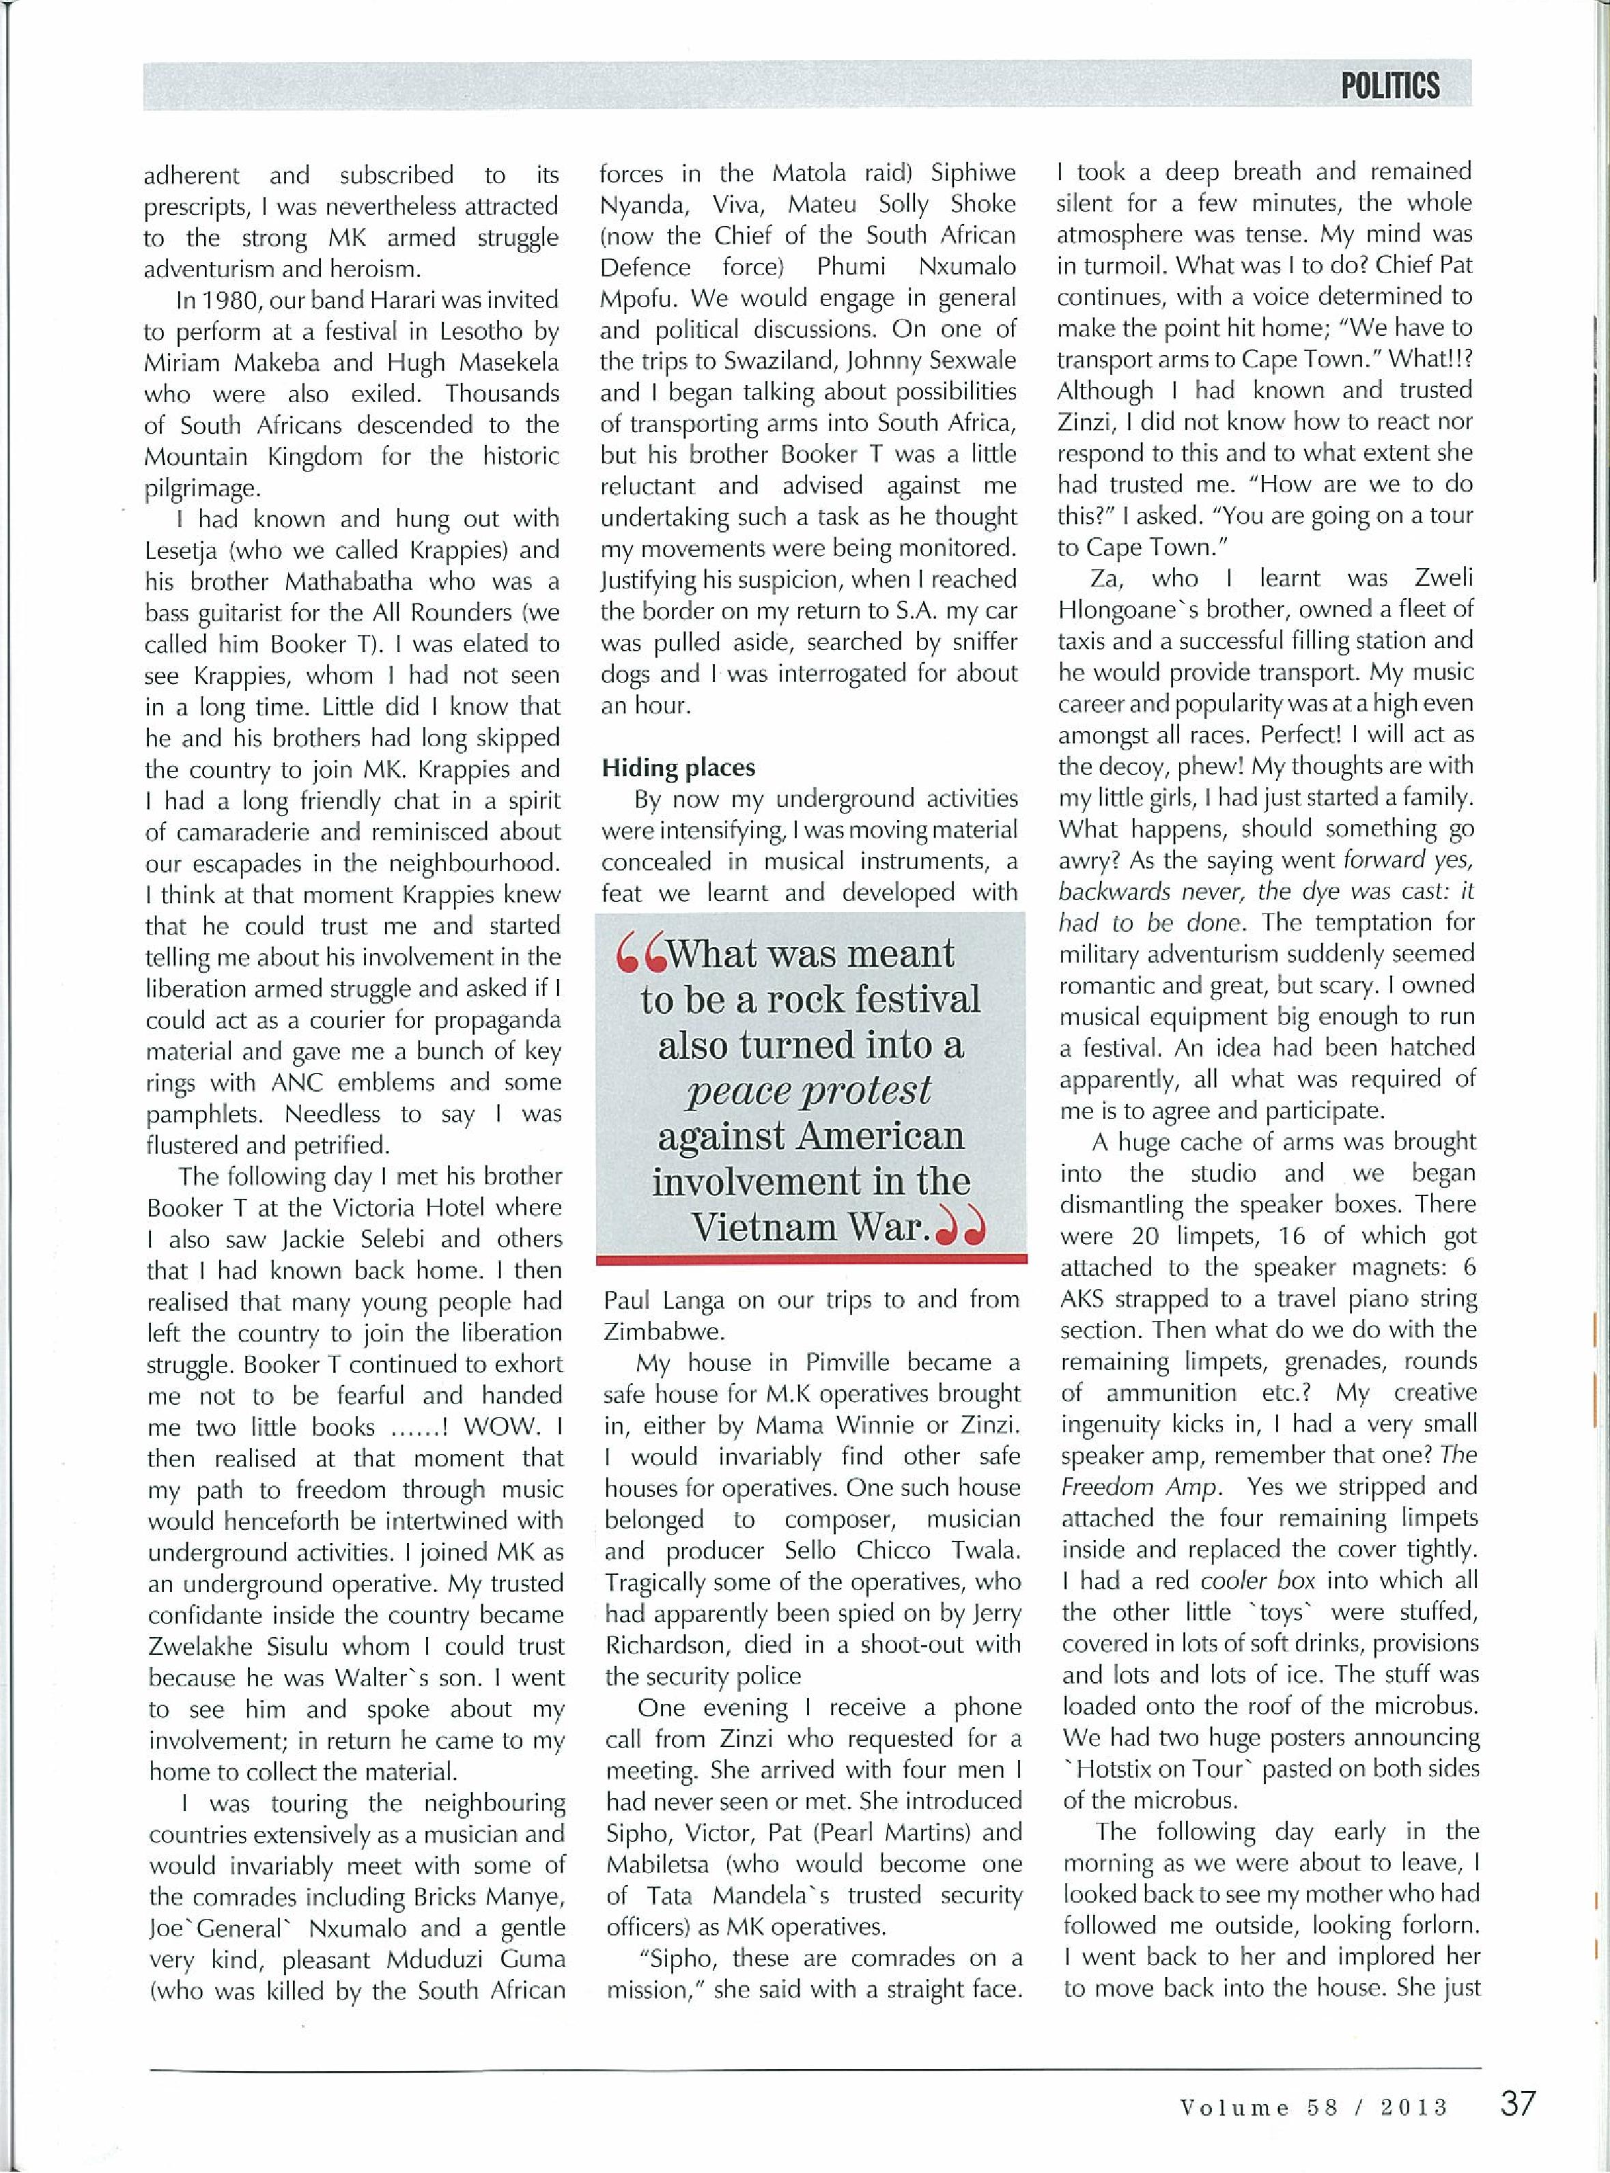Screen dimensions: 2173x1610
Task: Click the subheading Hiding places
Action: (678, 768)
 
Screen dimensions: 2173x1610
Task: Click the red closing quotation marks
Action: (960, 1231)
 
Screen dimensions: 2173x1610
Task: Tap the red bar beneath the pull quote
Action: (811, 1260)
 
